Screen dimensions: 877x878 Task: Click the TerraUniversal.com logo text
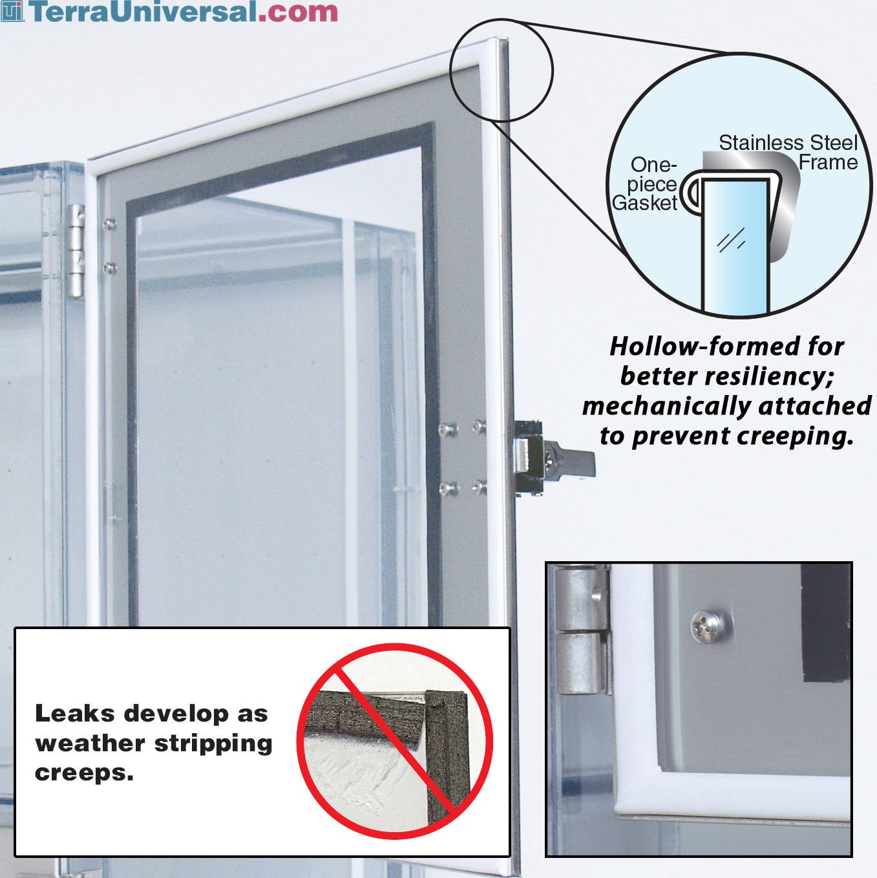[x=184, y=11]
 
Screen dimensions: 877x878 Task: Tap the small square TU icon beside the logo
[x=12, y=11]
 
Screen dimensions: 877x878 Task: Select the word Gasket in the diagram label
[x=644, y=203]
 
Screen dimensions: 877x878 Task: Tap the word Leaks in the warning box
[x=74, y=713]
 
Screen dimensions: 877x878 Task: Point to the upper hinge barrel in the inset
[x=580, y=598]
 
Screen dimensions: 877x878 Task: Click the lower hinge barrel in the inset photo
[x=580, y=665]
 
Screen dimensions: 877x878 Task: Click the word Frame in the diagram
[x=828, y=163]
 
